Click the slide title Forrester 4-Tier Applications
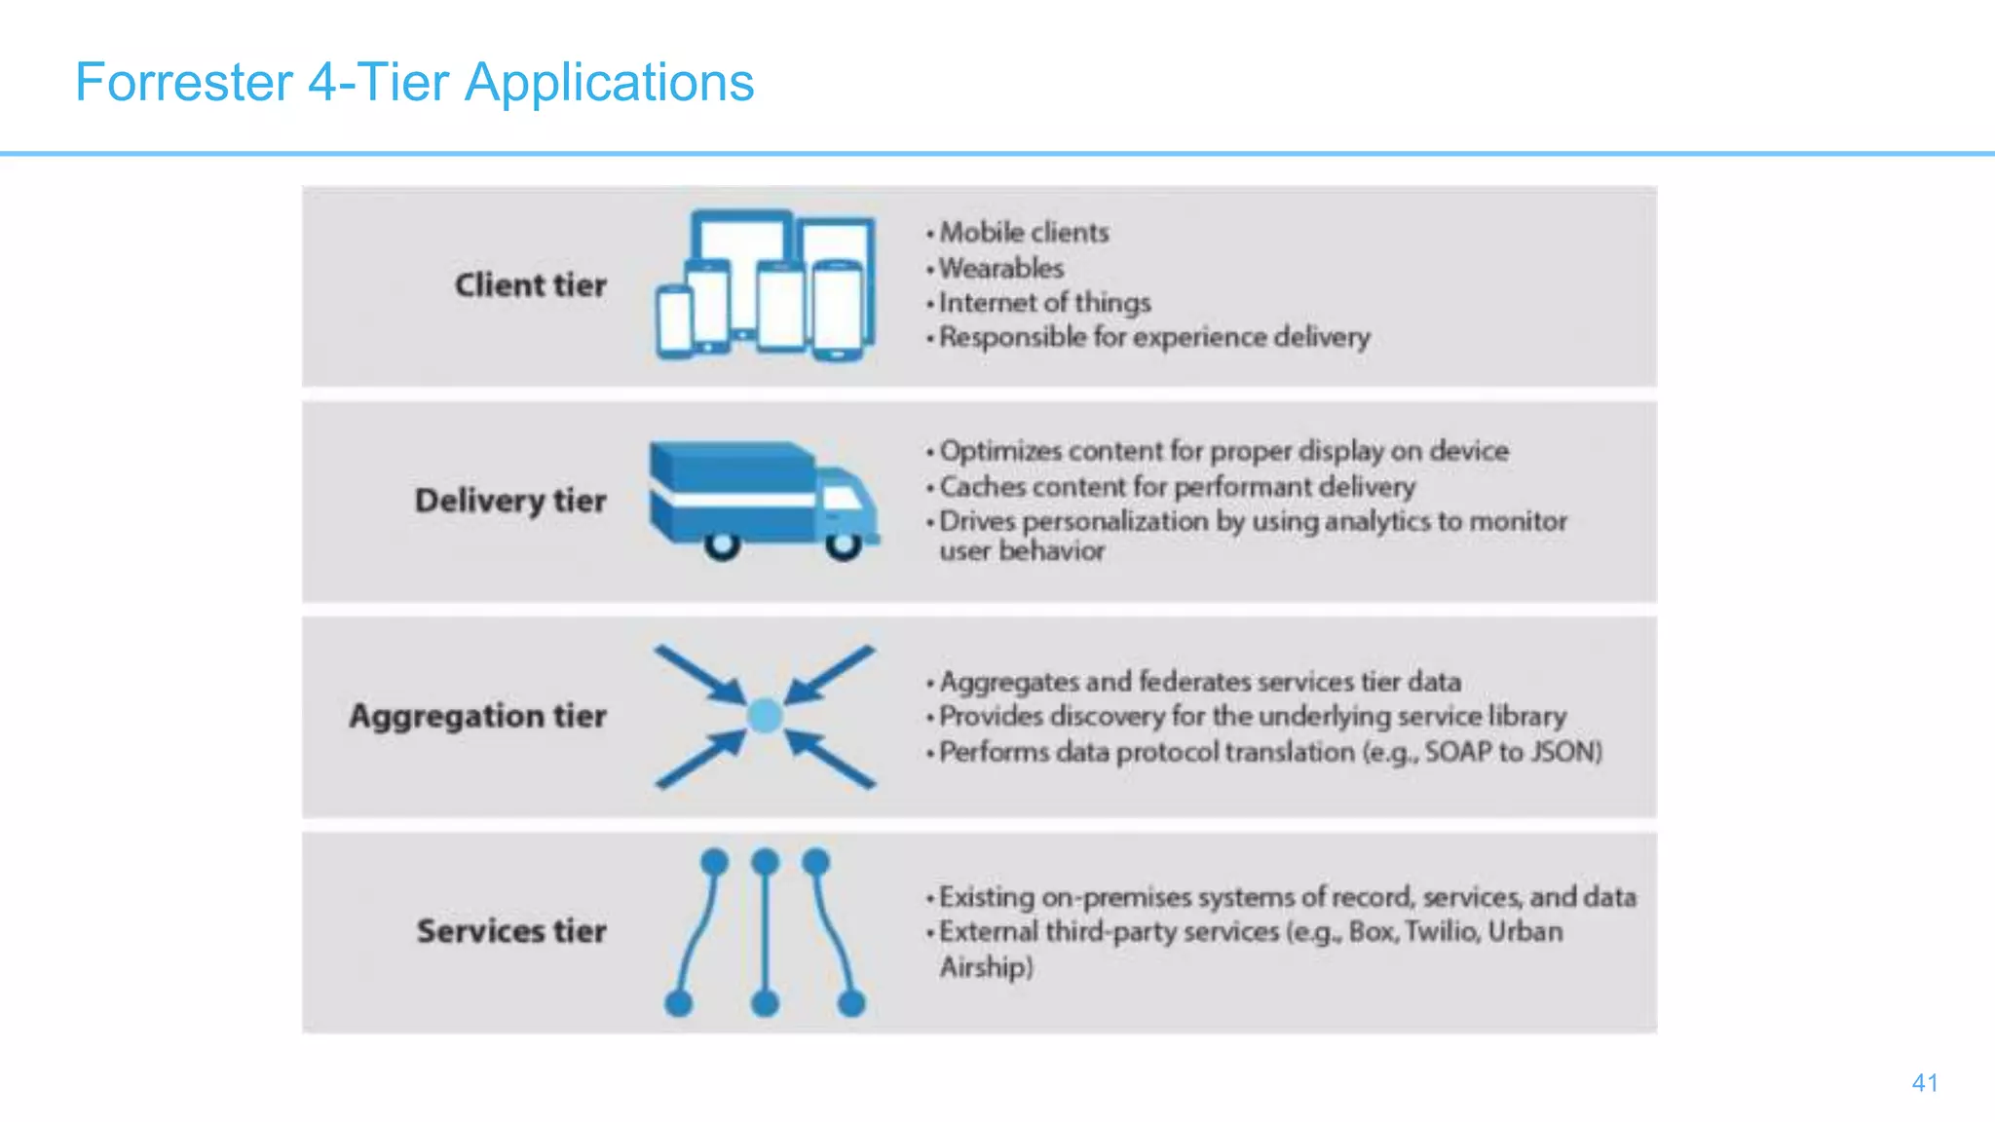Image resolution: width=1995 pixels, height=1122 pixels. (x=414, y=82)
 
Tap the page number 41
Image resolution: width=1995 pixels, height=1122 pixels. (x=1924, y=1082)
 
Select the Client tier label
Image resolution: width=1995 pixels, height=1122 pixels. (x=530, y=285)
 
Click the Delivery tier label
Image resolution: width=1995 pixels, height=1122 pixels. (x=510, y=501)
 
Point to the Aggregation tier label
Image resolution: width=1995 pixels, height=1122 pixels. (x=477, y=716)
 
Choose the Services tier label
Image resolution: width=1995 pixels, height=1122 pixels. (x=511, y=931)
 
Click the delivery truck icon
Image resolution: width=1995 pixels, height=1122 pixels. (x=760, y=497)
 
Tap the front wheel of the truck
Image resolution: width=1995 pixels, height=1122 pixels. (x=844, y=545)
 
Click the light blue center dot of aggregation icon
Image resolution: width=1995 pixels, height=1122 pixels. (x=765, y=716)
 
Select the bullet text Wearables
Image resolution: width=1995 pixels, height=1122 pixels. (x=1000, y=268)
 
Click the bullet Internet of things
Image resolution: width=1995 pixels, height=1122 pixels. (x=1044, y=303)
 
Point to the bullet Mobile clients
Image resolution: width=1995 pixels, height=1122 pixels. (x=1023, y=233)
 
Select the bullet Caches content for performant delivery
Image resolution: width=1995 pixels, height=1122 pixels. (x=1177, y=486)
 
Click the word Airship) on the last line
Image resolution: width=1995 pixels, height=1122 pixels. (x=986, y=967)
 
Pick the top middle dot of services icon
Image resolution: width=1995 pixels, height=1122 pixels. (x=766, y=862)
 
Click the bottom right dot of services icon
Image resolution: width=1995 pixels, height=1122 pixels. (x=851, y=1002)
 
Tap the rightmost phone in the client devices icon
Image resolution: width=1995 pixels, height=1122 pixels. (x=838, y=310)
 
